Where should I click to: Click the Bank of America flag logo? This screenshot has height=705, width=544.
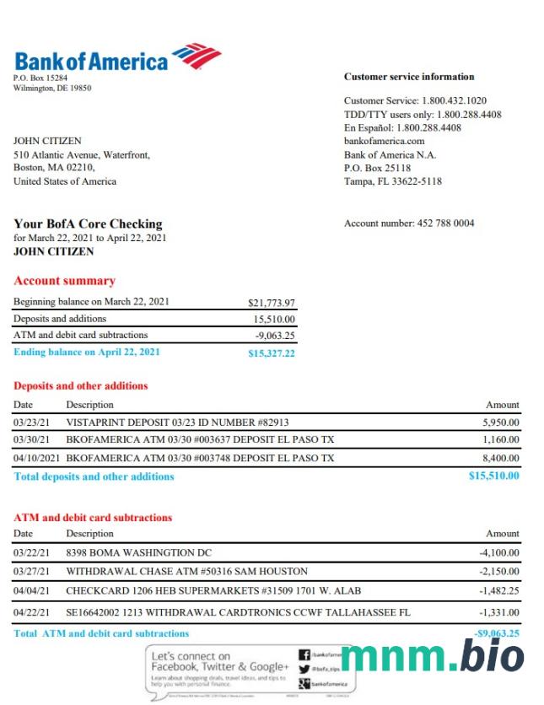coord(197,56)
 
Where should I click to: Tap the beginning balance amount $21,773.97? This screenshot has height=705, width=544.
coord(272,303)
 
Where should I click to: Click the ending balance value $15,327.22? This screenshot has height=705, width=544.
coord(272,353)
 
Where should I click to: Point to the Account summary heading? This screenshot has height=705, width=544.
coord(64,281)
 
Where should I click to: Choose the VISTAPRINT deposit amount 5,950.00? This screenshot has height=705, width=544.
coord(501,422)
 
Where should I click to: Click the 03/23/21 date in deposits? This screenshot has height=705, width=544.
coord(31,422)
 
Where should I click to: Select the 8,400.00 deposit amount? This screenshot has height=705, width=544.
coord(501,459)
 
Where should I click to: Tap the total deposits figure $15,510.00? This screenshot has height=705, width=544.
coord(494,476)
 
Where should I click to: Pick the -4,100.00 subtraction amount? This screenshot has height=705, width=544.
coord(499,553)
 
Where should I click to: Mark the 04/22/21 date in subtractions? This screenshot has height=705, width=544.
coord(31,612)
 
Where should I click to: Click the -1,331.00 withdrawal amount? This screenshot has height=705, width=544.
coord(499,612)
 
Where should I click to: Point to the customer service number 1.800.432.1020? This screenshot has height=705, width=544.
coord(454,101)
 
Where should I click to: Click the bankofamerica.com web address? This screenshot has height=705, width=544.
coord(384,142)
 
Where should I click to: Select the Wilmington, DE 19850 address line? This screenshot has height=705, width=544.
coord(52,88)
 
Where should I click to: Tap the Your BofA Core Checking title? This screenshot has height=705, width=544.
coord(88,224)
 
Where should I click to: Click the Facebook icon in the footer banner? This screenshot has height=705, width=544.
coord(304,654)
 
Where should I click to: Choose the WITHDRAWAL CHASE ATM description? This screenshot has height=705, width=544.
coord(186,572)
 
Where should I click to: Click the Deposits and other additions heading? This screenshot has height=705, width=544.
coord(81,386)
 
